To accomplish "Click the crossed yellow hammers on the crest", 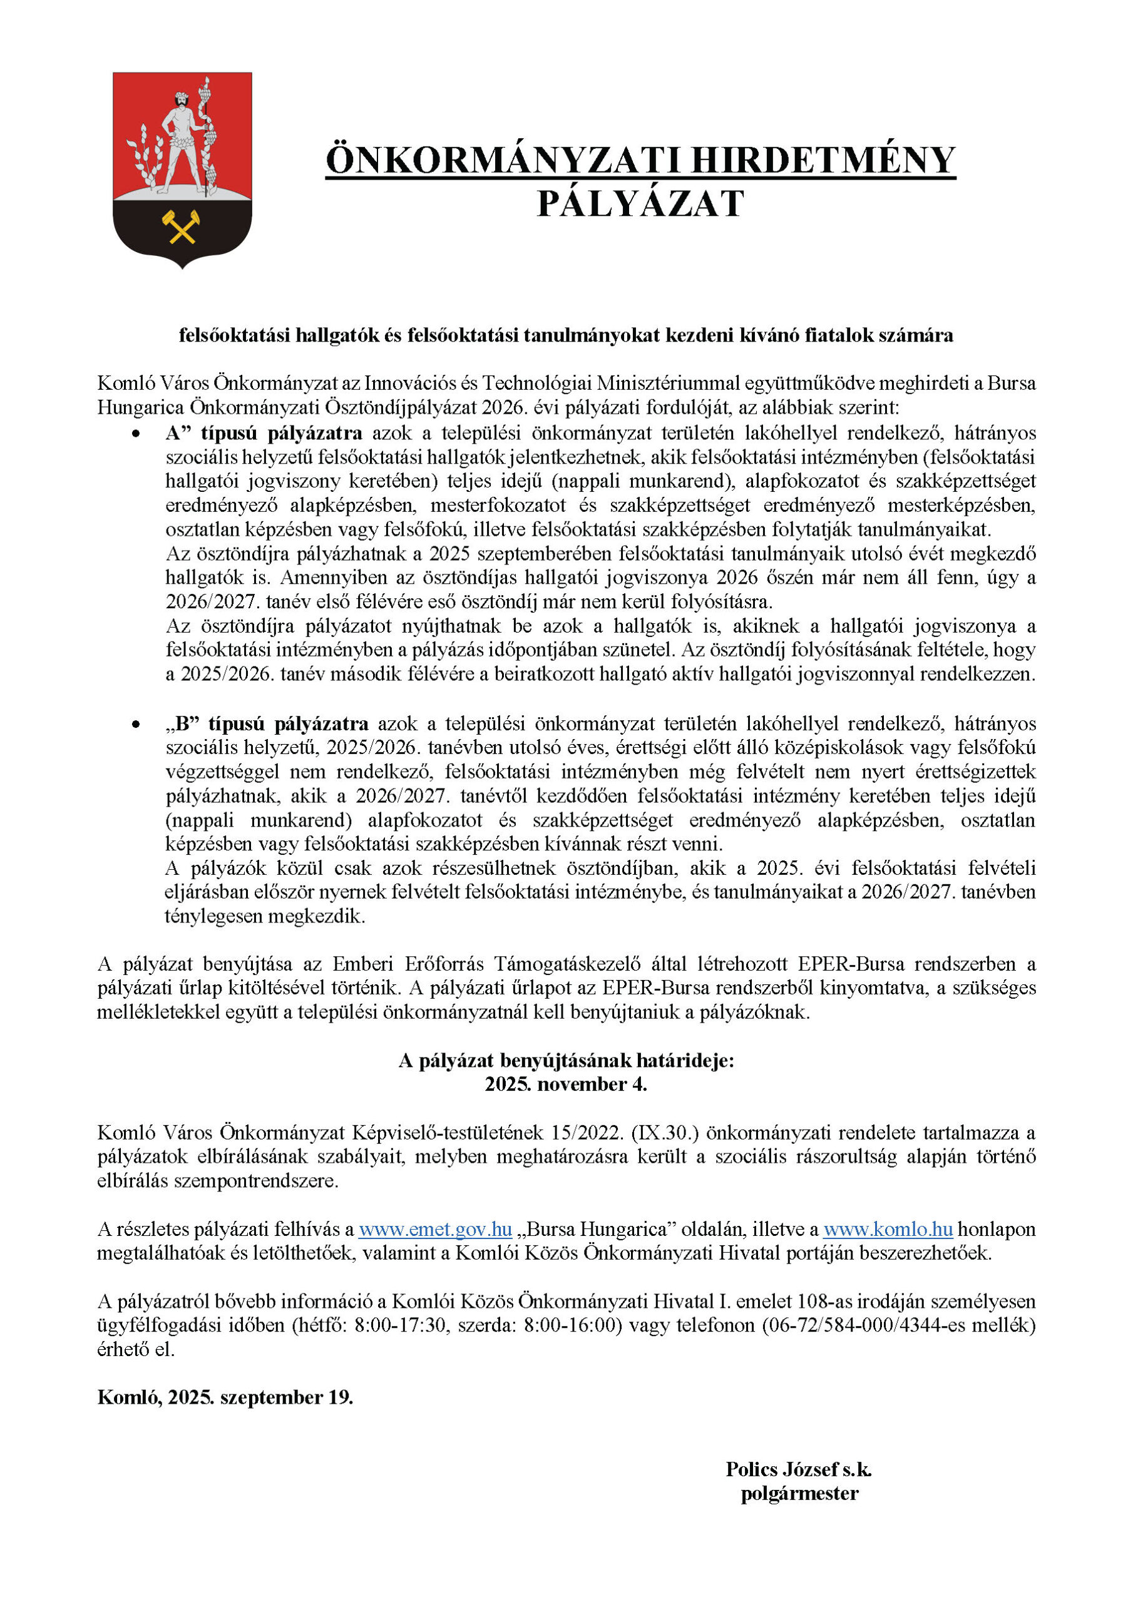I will [182, 226].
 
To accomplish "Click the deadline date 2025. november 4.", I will [566, 1084].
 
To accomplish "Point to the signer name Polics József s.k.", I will [799, 1469].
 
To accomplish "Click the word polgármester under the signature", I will [799, 1493].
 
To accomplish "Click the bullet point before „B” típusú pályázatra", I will [135, 724].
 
